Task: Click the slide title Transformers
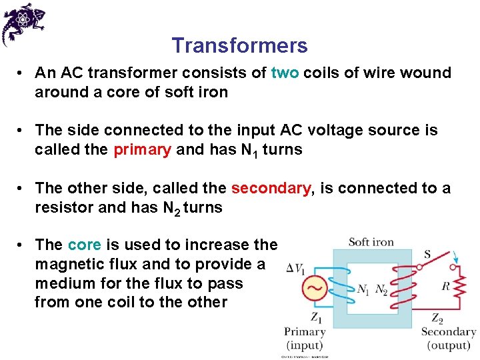[239, 45]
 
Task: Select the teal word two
[285, 73]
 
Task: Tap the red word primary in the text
[142, 149]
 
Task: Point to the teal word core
[85, 245]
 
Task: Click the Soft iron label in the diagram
[371, 242]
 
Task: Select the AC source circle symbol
[315, 289]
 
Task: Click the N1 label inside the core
[363, 289]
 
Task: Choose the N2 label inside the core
[381, 289]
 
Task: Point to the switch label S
[427, 254]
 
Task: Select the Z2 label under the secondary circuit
[437, 317]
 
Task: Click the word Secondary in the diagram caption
[448, 332]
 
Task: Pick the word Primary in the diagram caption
[305, 331]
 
